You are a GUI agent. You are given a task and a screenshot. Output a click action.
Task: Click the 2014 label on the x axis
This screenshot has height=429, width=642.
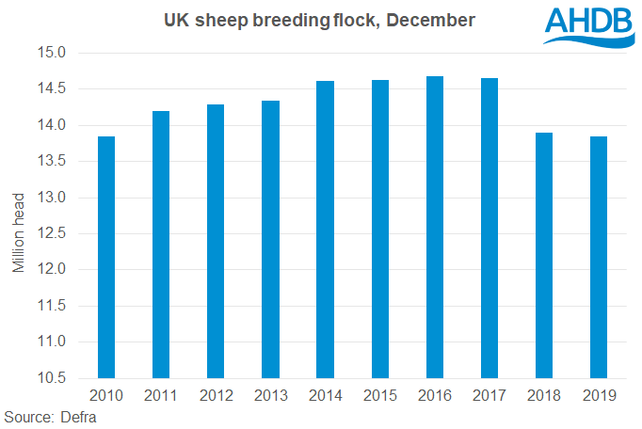tap(325, 396)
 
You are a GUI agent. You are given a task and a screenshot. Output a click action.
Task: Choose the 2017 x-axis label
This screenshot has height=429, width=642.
tap(490, 396)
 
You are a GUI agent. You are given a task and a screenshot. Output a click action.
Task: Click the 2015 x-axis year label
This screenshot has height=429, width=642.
tap(379, 396)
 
